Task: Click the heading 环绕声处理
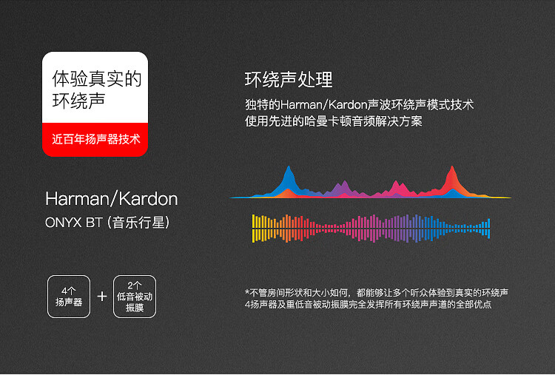coord(289,80)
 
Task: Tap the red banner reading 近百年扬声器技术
coord(95,139)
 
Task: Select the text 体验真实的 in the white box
coord(97,78)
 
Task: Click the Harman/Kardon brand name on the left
coord(112,199)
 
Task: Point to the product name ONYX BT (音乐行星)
coord(107,223)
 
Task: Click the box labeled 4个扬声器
coord(69,297)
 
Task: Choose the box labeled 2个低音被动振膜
coord(135,297)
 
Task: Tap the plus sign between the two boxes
coord(102,296)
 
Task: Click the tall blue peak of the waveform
coord(289,180)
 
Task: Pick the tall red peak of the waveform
coord(452,180)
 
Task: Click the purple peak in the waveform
coord(342,189)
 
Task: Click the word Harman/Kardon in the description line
coord(323,105)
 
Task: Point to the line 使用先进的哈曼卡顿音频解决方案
coord(334,121)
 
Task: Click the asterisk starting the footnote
coord(247,292)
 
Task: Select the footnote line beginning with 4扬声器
coord(368,304)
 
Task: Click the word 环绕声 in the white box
coord(78,101)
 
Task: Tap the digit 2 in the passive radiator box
coord(130,286)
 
